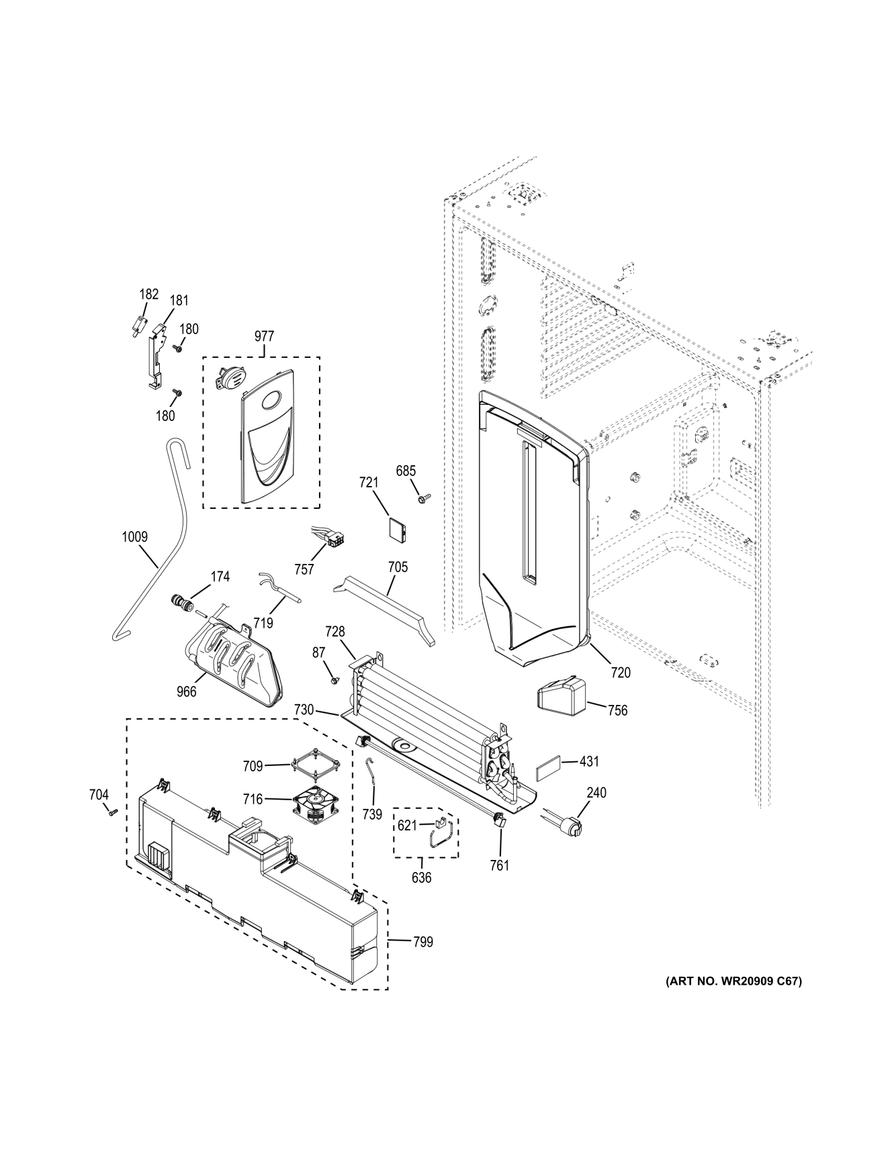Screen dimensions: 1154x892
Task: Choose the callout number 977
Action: pyautogui.click(x=264, y=336)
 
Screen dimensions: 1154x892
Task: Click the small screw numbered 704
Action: pyautogui.click(x=112, y=812)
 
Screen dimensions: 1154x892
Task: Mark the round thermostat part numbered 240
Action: pyautogui.click(x=568, y=825)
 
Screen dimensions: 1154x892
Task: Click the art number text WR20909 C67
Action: pyautogui.click(x=733, y=981)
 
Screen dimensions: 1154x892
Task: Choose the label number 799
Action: pyautogui.click(x=422, y=942)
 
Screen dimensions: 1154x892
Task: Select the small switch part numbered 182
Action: pyautogui.click(x=139, y=326)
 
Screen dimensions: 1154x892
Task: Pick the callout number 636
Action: pyautogui.click(x=421, y=877)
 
